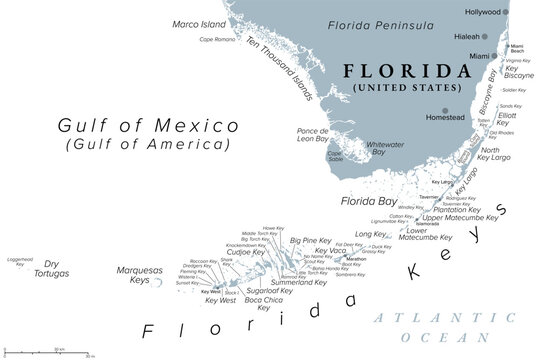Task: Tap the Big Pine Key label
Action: [x=311, y=240]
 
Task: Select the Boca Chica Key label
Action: [x=264, y=302]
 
